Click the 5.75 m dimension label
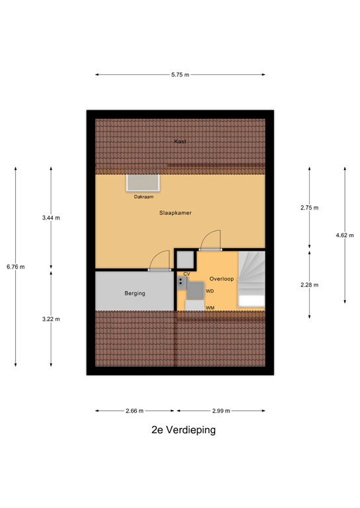coord(180,75)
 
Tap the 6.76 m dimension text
coord(15,267)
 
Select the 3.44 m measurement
coord(51,218)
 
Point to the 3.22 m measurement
coord(51,319)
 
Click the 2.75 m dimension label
coord(309,208)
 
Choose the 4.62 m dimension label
coord(345,235)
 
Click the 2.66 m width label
coord(136,411)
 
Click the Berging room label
coord(134,293)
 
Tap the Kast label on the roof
coord(179,142)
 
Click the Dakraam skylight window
coord(144,183)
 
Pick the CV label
coord(187,273)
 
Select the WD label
coord(209,291)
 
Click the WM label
coord(209,308)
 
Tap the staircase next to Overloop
coord(251,278)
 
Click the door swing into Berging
coord(159,262)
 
